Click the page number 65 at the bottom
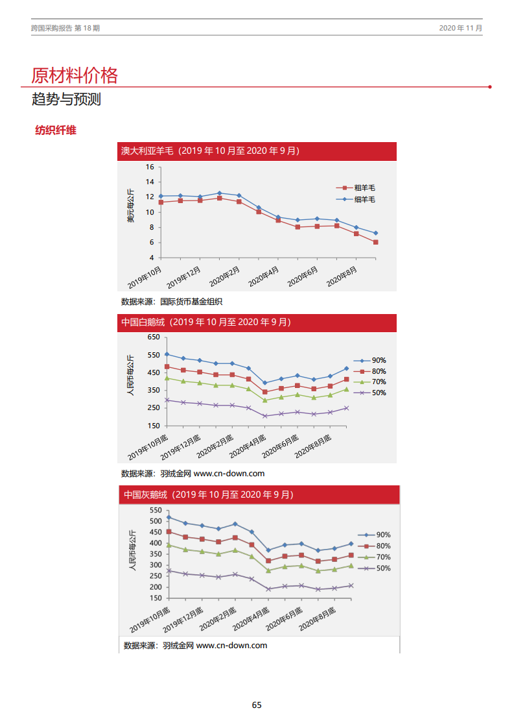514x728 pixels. pyautogui.click(x=257, y=705)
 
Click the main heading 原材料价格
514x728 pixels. pyautogui.click(x=75, y=75)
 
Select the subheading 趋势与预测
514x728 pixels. pyautogui.click(x=66, y=100)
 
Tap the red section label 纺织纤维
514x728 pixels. pyautogui.click(x=56, y=130)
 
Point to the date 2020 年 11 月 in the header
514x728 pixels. pyautogui.click(x=460, y=29)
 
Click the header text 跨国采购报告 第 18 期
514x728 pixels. pyautogui.click(x=65, y=29)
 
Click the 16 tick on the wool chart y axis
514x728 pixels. pyautogui.click(x=150, y=167)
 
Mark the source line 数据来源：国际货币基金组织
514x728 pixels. pyautogui.click(x=172, y=301)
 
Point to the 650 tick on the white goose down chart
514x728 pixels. pyautogui.click(x=153, y=337)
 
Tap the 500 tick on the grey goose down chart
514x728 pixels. pyautogui.click(x=155, y=521)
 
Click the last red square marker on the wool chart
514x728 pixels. pyautogui.click(x=375, y=242)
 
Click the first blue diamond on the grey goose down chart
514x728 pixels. pyautogui.click(x=169, y=517)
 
